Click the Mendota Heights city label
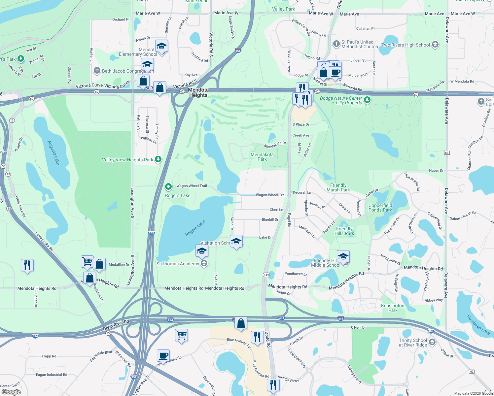coord(198,92)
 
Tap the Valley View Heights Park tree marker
coord(159,159)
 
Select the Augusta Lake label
coord(53,152)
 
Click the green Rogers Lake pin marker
coord(168,187)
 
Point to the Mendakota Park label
coord(262,157)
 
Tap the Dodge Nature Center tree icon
coord(367,99)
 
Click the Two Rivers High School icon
coord(435,45)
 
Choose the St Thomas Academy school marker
coord(204,263)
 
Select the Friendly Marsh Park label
coord(338,187)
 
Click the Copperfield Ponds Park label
coord(380,208)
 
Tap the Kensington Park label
coord(393,308)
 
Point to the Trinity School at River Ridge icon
coord(432,343)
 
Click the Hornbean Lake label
coord(478,324)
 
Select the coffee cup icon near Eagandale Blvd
coord(163,356)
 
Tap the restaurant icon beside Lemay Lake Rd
coord(27,265)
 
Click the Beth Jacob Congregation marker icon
coord(97,71)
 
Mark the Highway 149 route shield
coord(266,275)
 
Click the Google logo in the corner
coord(11,392)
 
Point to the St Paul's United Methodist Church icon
coord(336,44)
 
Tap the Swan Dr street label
coord(232,223)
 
